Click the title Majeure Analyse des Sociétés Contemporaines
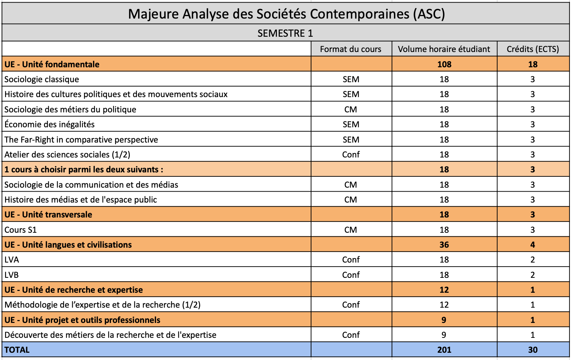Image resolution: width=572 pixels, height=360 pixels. [x=286, y=14]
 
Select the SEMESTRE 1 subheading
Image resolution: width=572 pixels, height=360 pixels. [x=285, y=33]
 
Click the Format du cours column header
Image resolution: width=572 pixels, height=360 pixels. [x=351, y=49]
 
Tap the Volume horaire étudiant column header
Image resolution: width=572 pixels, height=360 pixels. [x=444, y=49]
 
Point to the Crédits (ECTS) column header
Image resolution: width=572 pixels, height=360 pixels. [x=533, y=49]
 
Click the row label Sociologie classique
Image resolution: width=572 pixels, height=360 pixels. [x=42, y=79]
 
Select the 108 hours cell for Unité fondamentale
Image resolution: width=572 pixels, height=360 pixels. [x=444, y=64]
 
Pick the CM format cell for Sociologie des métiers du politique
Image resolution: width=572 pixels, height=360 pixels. [x=351, y=109]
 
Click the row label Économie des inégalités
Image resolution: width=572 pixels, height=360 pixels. [x=49, y=124]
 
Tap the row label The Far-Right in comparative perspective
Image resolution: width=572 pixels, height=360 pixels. [x=81, y=140]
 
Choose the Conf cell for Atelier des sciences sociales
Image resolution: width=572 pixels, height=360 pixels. [x=351, y=155]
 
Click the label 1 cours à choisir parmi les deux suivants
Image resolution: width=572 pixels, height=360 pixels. [x=84, y=169]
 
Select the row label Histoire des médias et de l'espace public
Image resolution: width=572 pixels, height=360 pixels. [x=81, y=200]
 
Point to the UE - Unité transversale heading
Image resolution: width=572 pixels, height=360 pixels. [x=48, y=215]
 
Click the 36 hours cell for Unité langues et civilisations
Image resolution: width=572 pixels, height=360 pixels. [x=444, y=245]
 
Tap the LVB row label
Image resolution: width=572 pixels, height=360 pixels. [x=12, y=275]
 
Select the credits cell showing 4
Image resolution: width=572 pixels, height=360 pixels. [x=533, y=245]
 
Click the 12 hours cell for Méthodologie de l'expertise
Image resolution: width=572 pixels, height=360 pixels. [x=444, y=305]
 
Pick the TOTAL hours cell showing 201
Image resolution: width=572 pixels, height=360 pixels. [x=444, y=350]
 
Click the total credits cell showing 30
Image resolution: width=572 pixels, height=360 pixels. [x=533, y=350]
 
